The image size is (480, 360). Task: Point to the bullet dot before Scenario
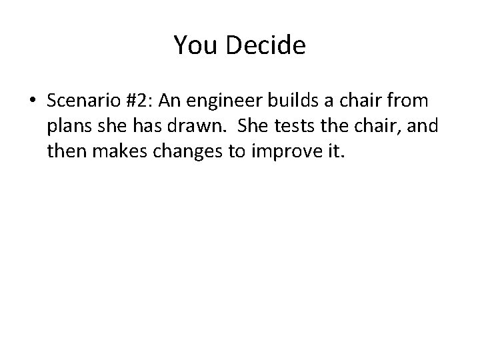pyautogui.click(x=33, y=101)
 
